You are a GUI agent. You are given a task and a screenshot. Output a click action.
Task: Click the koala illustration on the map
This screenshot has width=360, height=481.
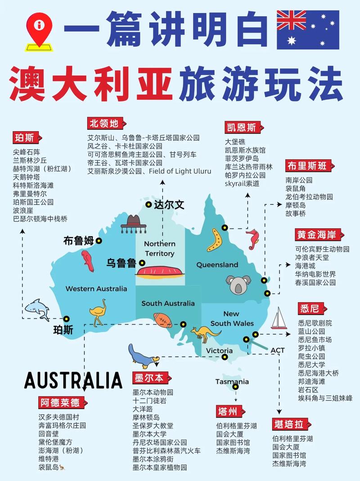(237, 284)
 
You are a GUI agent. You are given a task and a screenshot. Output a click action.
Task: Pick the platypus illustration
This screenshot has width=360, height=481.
(143, 355)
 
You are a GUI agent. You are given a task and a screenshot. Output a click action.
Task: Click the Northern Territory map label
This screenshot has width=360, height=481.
(159, 248)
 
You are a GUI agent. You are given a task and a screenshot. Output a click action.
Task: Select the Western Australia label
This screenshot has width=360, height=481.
(96, 288)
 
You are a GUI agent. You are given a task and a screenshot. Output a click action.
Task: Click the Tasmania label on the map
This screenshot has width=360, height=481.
(232, 382)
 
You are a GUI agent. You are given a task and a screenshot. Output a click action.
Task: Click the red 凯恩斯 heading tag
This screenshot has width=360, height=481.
(241, 127)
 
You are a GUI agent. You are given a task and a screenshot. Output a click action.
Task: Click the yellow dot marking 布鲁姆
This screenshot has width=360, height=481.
(99, 241)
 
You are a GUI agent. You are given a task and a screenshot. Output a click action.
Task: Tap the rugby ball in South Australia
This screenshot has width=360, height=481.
(162, 319)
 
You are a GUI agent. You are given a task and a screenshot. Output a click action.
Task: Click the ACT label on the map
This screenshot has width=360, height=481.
(278, 350)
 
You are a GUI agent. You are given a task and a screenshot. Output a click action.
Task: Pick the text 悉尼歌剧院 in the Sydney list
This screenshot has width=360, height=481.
(315, 323)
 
